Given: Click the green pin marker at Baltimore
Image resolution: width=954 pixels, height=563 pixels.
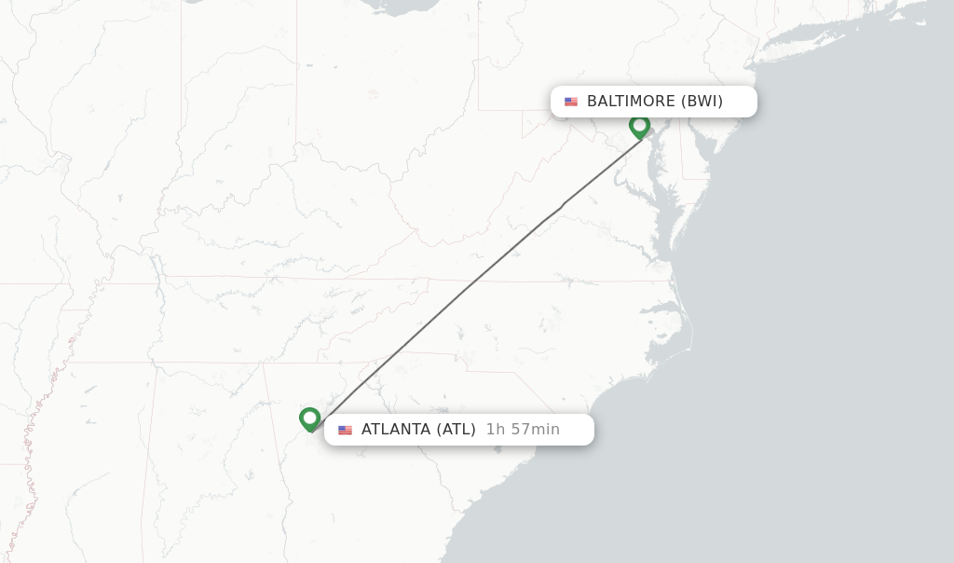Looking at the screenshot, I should pyautogui.click(x=639, y=125).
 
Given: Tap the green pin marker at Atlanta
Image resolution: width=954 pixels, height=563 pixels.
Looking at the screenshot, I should pyautogui.click(x=310, y=419).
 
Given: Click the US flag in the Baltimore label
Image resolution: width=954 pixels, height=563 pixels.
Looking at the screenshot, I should pyautogui.click(x=571, y=102).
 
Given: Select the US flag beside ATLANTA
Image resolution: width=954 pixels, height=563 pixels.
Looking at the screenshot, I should pyautogui.click(x=346, y=430).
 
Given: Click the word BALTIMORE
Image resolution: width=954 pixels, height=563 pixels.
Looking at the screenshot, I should pyautogui.click(x=631, y=102).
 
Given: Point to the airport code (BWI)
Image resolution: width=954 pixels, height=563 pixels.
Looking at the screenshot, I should pyautogui.click(x=702, y=102).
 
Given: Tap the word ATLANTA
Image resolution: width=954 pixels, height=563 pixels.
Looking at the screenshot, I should pyautogui.click(x=396, y=430).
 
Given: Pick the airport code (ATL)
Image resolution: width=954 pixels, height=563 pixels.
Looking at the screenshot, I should pyautogui.click(x=456, y=430).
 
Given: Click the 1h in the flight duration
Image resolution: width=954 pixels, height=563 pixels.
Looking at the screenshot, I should pyautogui.click(x=496, y=430).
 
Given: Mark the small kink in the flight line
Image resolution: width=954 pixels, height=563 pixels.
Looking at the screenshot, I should pyautogui.click(x=562, y=205).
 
